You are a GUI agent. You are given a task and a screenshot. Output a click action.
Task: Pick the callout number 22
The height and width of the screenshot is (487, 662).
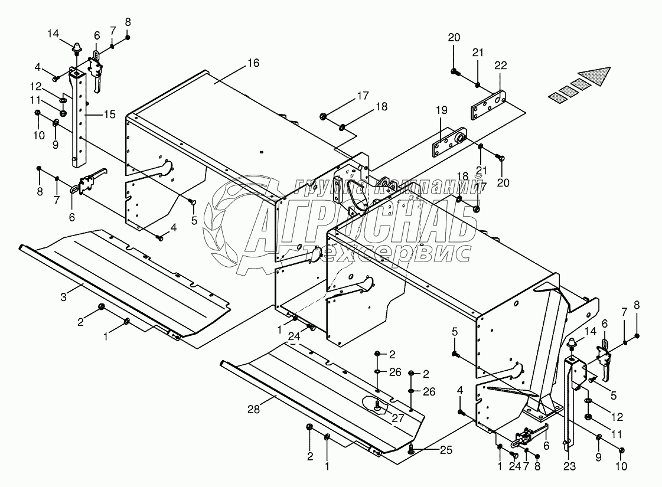tap(500, 66)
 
